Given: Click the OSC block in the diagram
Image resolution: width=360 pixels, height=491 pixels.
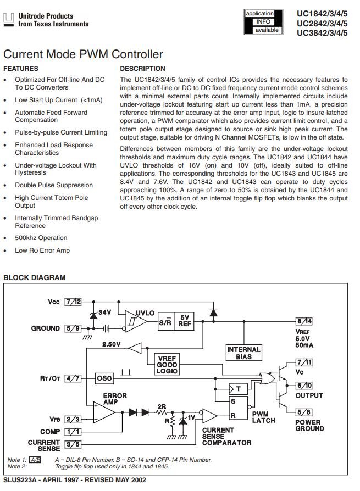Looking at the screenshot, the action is click(104, 378).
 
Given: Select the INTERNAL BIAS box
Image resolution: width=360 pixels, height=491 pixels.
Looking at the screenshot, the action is click(244, 353).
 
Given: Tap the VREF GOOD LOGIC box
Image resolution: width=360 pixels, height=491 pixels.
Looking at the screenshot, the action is click(167, 365).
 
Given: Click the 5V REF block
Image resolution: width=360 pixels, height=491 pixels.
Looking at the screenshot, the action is click(184, 321).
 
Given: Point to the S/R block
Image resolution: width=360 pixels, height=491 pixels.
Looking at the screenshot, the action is click(165, 321).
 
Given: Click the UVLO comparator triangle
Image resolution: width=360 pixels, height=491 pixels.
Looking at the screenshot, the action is click(135, 321).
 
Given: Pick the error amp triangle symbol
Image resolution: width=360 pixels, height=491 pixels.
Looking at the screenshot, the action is click(104, 412).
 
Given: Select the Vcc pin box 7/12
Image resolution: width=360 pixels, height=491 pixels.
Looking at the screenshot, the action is click(73, 302).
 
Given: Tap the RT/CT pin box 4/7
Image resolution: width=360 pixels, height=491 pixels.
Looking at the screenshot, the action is click(73, 378).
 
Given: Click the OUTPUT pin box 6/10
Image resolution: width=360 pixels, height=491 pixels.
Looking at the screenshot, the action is click(304, 386).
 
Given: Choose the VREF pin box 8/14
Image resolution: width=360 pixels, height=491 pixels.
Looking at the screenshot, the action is click(304, 321).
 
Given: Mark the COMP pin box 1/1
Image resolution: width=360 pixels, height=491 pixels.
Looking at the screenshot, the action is click(73, 432).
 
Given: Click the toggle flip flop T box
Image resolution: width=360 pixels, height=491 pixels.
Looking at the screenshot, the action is click(238, 389).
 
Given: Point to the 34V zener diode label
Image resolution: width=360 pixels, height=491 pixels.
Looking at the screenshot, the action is click(104, 312).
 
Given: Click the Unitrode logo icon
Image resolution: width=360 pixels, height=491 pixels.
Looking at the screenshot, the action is click(9, 20).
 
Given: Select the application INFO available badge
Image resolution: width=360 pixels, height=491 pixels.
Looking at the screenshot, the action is click(263, 22).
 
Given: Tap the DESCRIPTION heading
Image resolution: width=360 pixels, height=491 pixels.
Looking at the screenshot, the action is click(142, 69).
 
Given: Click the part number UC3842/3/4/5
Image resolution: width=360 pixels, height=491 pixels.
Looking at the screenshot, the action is click(322, 33).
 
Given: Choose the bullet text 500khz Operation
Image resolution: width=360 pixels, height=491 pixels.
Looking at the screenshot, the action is click(41, 238).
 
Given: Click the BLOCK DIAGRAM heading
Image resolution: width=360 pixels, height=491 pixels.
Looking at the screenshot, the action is click(35, 277).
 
